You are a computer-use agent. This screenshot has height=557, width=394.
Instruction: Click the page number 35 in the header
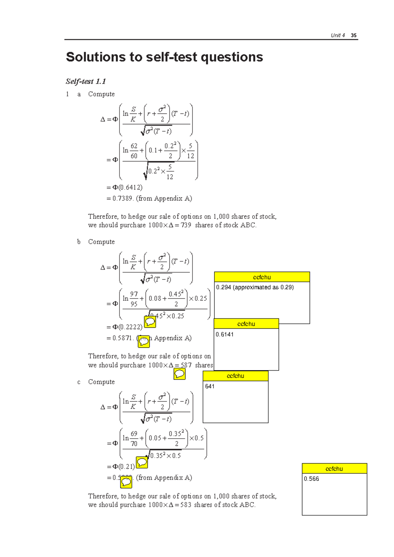pos(353,35)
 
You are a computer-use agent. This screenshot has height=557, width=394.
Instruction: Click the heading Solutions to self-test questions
pos(164,57)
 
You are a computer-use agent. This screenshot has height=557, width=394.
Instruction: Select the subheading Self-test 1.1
pos(86,81)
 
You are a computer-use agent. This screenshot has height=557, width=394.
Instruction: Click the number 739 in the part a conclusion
pos(186,225)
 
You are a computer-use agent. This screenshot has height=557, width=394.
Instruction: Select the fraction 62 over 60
pos(134,151)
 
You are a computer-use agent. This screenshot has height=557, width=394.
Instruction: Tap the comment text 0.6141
pos(225,335)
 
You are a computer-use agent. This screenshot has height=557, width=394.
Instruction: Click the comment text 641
pos(210,386)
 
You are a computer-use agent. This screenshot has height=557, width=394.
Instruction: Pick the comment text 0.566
pos(311,479)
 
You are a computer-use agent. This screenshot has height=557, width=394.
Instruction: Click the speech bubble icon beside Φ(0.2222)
pos(150,322)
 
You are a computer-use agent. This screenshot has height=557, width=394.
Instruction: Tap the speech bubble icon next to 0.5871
pos(144,341)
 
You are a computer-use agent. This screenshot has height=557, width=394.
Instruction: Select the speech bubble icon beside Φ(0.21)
pos(142,463)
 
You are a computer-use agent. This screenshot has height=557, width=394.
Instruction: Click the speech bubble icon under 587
pos(180,374)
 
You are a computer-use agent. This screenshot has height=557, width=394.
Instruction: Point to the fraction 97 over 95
pos(134,299)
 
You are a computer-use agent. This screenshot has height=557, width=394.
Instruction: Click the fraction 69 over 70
pos(134,439)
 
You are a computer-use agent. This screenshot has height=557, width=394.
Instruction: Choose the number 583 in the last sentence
pos(186,505)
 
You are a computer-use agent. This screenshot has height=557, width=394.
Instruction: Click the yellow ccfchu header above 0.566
pos(334,468)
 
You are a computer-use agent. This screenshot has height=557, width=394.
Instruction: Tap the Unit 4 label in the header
pos(338,35)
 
